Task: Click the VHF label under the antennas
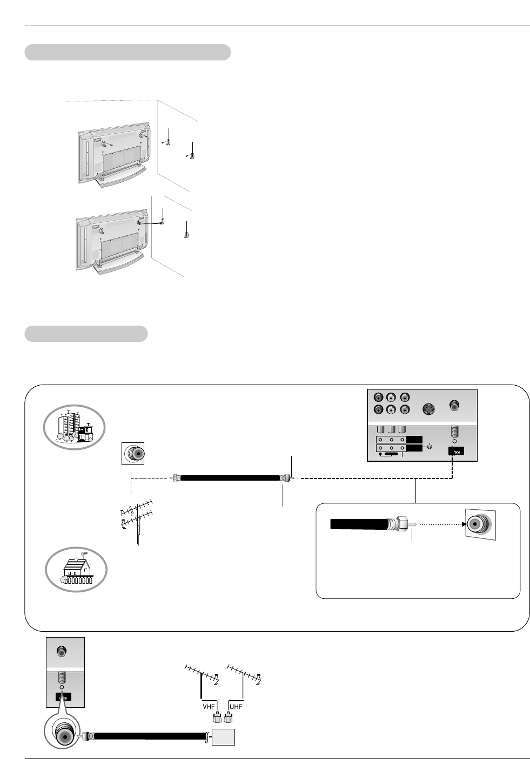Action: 209,706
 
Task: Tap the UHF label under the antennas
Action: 236,706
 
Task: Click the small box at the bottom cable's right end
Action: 224,737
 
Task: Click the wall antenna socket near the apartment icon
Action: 133,454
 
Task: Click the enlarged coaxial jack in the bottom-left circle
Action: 64,735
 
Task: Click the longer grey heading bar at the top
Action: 128,52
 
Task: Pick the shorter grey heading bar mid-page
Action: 86,333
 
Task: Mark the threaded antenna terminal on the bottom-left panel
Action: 62,676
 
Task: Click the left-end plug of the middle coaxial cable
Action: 175,478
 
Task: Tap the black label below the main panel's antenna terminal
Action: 456,451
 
